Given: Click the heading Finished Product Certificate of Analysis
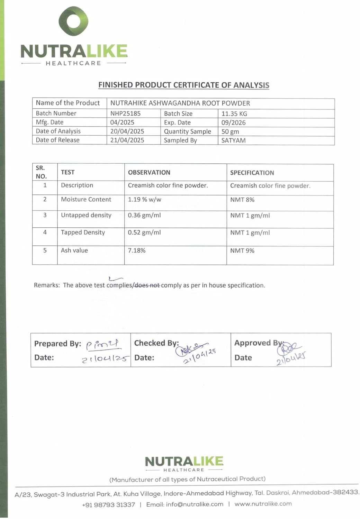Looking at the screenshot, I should [183, 85].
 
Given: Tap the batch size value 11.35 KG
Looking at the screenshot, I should [234, 114].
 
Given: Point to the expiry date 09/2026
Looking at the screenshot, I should [233, 123].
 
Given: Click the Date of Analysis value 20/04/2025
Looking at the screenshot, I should [127, 131].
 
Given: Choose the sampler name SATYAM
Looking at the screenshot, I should [233, 140].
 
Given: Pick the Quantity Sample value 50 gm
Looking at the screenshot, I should [230, 132].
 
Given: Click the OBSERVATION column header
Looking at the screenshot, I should [149, 172].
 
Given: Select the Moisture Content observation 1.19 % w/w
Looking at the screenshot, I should [144, 200].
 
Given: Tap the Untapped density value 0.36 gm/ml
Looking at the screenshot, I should [144, 215].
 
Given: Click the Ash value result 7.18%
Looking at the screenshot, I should [137, 251].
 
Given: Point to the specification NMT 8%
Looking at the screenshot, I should [242, 200].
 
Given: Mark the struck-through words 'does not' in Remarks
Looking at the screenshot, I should [147, 285].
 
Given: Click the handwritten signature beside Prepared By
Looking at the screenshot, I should [102, 344].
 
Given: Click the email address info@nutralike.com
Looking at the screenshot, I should [184, 504].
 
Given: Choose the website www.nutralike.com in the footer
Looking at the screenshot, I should [263, 504].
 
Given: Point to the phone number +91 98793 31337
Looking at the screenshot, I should [108, 505].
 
